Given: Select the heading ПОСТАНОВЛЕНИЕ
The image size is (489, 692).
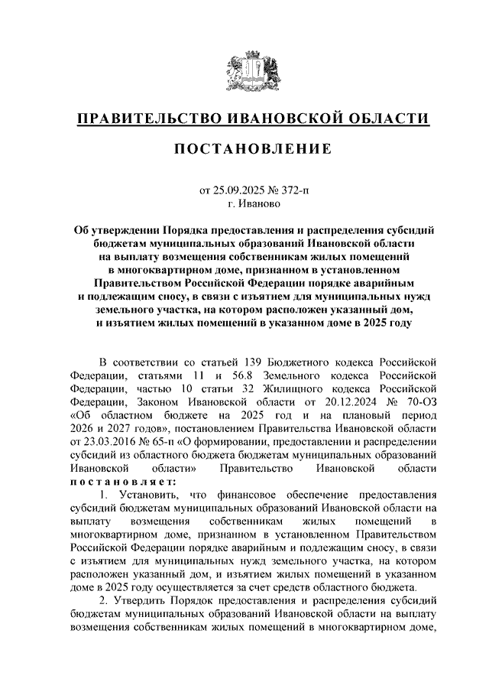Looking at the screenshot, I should [x=244, y=149].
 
